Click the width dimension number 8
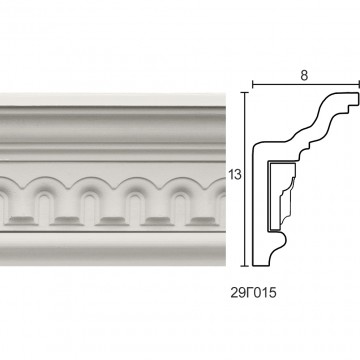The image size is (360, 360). [x=304, y=76]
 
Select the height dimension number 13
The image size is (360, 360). [x=235, y=175]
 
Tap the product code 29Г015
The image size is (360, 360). [x=253, y=293]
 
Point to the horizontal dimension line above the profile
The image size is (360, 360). [x=306, y=84]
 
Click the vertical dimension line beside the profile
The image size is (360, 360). [x=245, y=179]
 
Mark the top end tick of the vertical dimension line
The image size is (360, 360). [x=245, y=92]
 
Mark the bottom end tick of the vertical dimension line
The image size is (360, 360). [x=245, y=266]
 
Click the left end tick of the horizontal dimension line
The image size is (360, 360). [x=253, y=84]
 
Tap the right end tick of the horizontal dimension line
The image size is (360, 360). [x=359, y=84]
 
